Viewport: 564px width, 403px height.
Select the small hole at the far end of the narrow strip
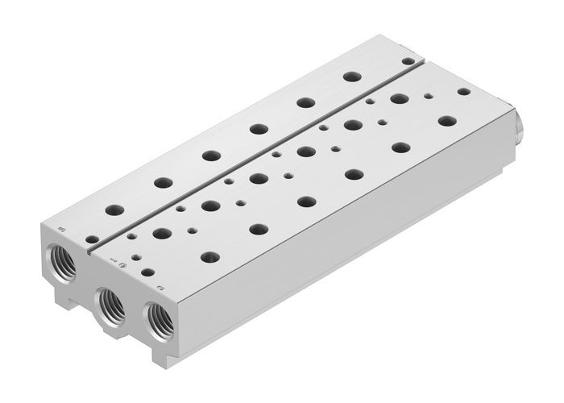[410, 60]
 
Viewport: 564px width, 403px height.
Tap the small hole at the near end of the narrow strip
[93, 239]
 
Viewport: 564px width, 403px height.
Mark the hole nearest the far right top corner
[462, 93]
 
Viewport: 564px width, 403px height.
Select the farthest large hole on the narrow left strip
[350, 77]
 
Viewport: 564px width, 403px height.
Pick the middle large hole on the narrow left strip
[211, 155]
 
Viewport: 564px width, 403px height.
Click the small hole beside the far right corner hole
[427, 95]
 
